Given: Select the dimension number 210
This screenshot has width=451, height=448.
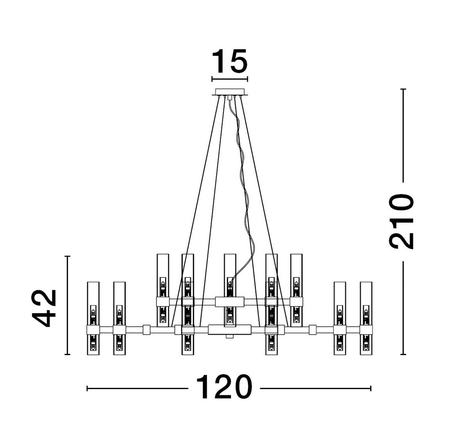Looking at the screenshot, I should [x=402, y=221].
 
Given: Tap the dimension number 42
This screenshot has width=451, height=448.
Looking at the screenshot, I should [x=44, y=308].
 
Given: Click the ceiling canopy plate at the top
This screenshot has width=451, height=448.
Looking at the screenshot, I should [x=229, y=92].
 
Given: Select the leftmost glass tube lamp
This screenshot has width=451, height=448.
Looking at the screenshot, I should [x=93, y=318].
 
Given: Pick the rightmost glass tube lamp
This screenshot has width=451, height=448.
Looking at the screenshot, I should [x=366, y=318].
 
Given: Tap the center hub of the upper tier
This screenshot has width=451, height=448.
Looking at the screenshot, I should [x=230, y=301].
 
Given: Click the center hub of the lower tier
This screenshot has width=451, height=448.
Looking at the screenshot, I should [x=230, y=330].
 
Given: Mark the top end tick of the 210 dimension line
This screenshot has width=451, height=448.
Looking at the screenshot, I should [x=403, y=89].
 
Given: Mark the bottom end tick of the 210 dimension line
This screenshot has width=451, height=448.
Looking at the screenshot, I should [x=403, y=354].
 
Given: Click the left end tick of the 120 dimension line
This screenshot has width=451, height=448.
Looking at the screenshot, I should [x=87, y=389].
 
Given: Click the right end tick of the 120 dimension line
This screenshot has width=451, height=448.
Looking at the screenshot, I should [x=371, y=389].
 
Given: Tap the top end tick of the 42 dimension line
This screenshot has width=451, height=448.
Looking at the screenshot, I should [x=67, y=256].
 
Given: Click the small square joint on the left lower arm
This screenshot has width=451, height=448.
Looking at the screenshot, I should [x=146, y=330].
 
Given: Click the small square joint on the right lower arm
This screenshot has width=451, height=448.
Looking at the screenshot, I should [x=313, y=330].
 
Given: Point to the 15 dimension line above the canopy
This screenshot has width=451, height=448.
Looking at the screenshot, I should [x=229, y=79].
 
